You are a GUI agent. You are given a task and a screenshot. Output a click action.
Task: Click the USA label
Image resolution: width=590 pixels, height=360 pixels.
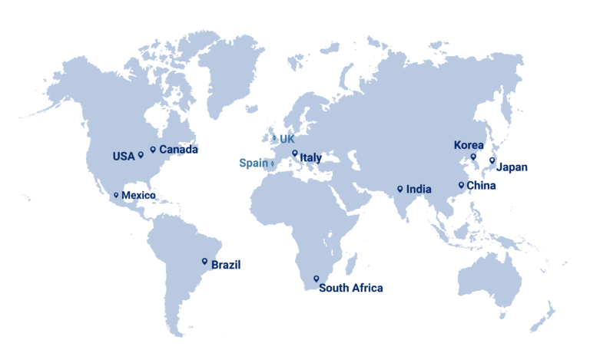[123, 157]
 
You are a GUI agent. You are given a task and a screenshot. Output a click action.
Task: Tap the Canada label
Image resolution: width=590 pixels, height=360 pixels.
[178, 150]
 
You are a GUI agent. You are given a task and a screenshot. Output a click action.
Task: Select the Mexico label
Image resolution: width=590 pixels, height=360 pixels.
[138, 196]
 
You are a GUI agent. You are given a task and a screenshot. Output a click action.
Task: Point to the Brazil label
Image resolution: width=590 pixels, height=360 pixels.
[226, 265]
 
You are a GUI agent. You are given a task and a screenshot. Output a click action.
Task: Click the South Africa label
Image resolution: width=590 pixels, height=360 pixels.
[350, 289]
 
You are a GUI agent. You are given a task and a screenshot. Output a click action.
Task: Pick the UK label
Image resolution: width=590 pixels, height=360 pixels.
[287, 139]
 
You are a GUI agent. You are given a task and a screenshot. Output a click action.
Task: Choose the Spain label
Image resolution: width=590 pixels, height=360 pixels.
[254, 163]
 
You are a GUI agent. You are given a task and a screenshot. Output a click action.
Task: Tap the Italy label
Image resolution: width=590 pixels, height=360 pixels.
[310, 158]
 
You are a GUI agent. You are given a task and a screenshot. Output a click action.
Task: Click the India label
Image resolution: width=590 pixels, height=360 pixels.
[419, 189]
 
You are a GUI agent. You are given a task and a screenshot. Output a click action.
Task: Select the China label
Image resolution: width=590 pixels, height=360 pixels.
[482, 186]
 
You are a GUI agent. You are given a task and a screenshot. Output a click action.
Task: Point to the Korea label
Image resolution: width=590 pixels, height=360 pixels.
[469, 145]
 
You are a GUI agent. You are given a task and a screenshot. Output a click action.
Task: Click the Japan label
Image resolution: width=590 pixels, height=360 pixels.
[512, 167]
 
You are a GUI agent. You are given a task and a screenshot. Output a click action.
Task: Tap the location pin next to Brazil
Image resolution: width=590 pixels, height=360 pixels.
[204, 261]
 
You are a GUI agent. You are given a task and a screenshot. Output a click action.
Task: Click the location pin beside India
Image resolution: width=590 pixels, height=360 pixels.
[399, 188]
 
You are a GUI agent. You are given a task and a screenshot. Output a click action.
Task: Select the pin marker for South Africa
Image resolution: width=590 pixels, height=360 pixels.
[316, 279]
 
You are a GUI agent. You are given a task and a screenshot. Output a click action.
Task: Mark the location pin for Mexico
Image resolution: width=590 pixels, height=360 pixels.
[116, 195]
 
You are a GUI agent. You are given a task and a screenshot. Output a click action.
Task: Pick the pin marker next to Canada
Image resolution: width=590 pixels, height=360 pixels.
[153, 150]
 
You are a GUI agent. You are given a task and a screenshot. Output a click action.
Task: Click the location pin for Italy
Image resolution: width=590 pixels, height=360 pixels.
[294, 153]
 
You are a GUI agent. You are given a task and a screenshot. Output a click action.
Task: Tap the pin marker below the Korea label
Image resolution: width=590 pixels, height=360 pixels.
[473, 157]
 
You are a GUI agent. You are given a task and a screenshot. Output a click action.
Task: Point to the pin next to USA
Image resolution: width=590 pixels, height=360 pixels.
[141, 154]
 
